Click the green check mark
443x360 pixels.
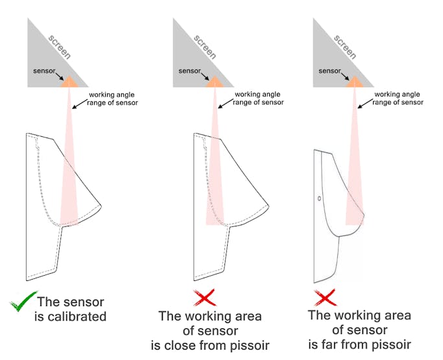(21, 303)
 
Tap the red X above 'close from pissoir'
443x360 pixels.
(206, 298)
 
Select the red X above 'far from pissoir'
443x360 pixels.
(325, 298)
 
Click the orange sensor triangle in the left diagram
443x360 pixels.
(69, 82)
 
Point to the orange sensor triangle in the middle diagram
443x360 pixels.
(215, 82)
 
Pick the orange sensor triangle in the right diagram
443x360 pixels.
(354, 82)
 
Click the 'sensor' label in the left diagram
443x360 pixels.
(45, 71)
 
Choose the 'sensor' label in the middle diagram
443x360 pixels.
(190, 71)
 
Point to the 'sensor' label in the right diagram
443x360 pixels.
(329, 71)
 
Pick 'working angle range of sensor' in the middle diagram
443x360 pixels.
(258, 99)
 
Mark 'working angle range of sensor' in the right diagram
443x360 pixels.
(399, 99)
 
